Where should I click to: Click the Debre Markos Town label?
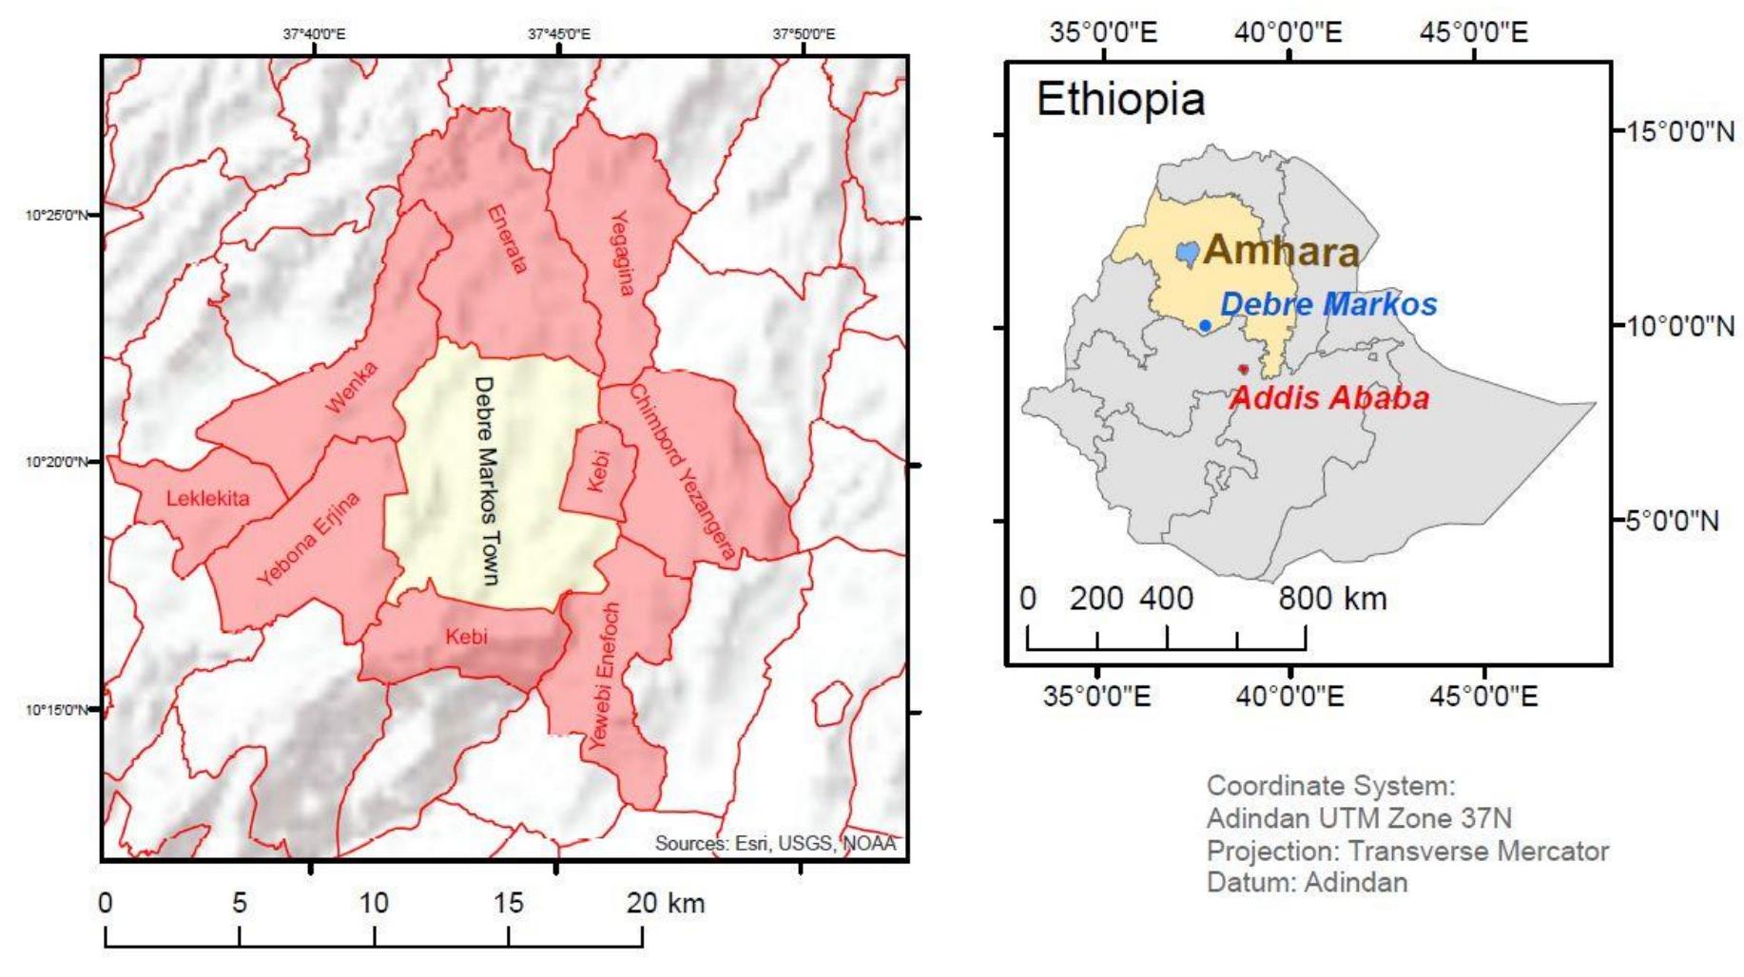[486, 480]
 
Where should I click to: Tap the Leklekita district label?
[208, 498]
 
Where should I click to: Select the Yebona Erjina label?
[308, 539]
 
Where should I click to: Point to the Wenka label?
[351, 387]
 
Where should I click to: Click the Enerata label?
[507, 239]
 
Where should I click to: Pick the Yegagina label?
[620, 253]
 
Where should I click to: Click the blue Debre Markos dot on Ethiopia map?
[1205, 325]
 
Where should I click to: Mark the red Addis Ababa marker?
[1243, 370]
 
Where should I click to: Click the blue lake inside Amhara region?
[1187, 253]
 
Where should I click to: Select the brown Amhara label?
[1281, 251]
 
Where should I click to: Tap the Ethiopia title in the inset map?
[1120, 100]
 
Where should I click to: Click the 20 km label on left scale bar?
[665, 902]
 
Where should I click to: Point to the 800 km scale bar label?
[1332, 599]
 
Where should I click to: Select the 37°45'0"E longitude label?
[559, 34]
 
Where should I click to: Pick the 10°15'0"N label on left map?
[56, 710]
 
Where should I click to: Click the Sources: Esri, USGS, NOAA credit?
[775, 843]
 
